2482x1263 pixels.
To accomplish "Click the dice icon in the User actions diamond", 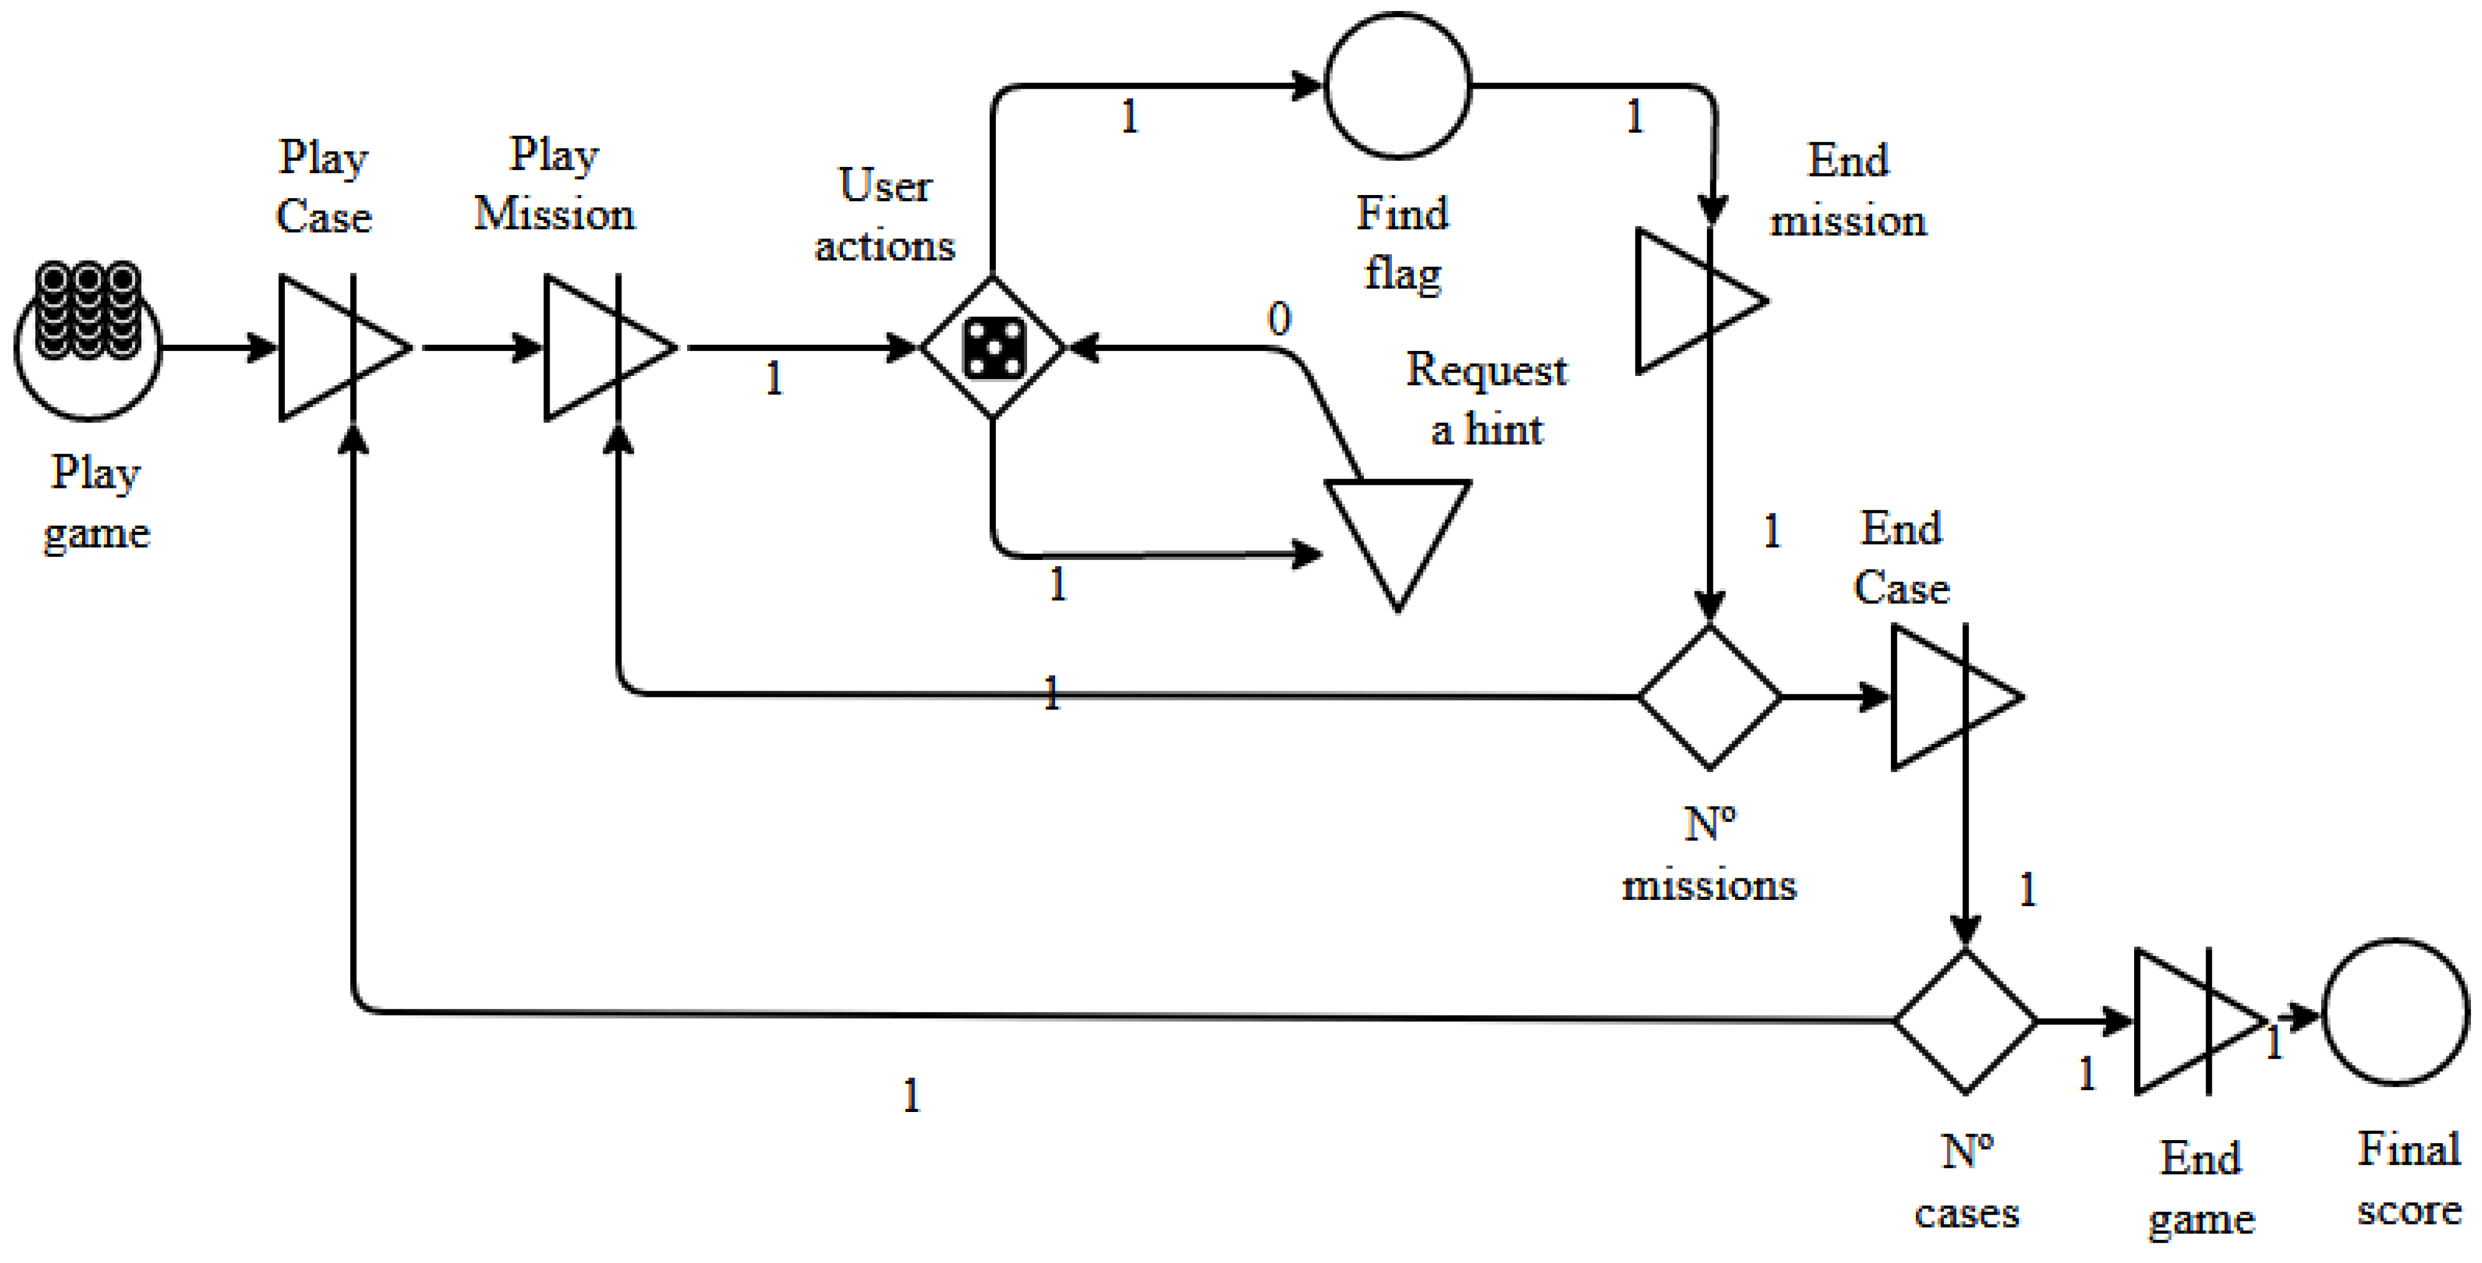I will click(993, 347).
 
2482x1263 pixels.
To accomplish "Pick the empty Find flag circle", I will click(1398, 86).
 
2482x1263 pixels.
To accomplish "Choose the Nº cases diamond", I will click(1965, 1020).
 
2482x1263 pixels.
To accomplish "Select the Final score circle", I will click(2396, 1012).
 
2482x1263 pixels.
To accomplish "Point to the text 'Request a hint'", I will click(1487, 399).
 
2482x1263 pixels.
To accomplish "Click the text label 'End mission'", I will click(1847, 190).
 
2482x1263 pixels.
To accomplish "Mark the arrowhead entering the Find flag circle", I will click(1308, 86).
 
